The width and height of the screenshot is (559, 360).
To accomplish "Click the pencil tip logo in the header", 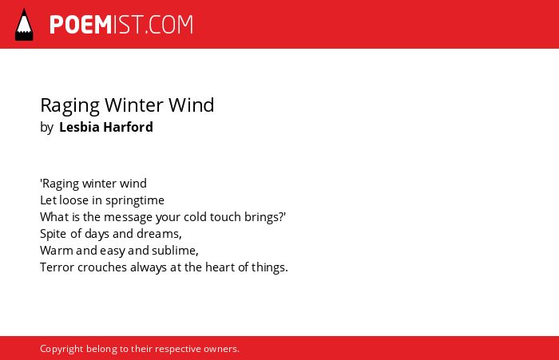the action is (x=24, y=25).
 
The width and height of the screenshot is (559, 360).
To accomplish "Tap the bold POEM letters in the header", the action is (x=81, y=25).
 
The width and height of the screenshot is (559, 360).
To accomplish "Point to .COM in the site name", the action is (x=169, y=25).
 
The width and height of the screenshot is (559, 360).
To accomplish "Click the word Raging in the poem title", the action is (x=70, y=106).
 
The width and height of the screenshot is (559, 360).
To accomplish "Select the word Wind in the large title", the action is (x=192, y=105).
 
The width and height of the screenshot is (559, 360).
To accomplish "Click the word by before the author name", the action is (x=46, y=128).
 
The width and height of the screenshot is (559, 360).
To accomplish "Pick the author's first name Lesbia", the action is (x=79, y=127).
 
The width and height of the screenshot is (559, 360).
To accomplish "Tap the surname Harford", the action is (x=128, y=127).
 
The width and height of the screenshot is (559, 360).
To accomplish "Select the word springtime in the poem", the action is (x=135, y=200).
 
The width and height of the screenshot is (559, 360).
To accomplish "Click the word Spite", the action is (x=54, y=234).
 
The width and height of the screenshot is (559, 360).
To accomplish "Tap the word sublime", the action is (x=175, y=251).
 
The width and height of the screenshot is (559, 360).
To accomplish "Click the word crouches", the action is (x=102, y=267).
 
